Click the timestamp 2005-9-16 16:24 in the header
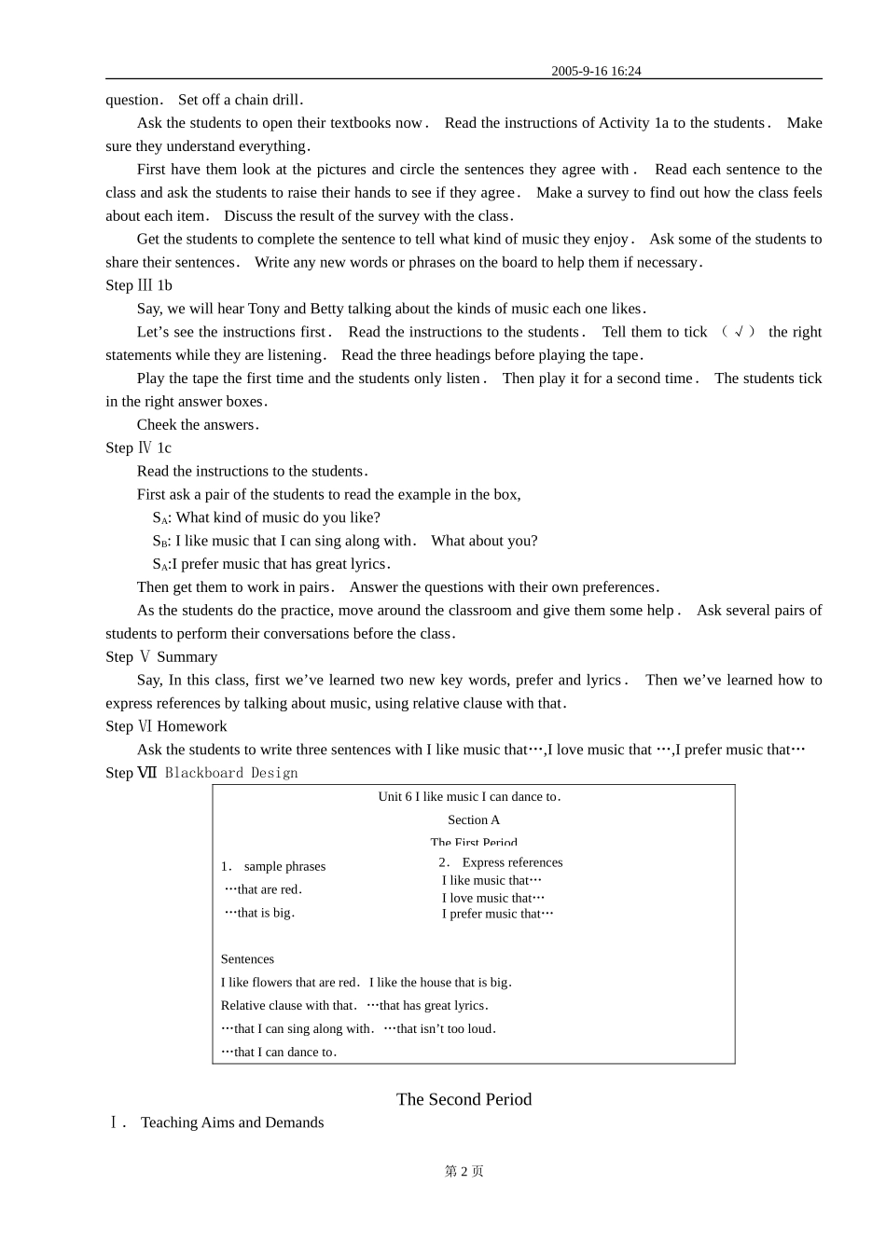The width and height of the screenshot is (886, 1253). pyautogui.click(x=596, y=71)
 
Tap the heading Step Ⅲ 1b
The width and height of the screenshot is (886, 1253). pyautogui.click(x=139, y=285)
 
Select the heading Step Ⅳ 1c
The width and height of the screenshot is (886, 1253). pyautogui.click(x=138, y=447)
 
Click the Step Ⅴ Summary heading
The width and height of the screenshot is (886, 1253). pyautogui.click(x=161, y=656)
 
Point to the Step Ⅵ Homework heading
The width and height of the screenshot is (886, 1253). pyautogui.click(x=166, y=726)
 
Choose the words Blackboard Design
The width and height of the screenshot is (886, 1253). pyautogui.click(x=231, y=773)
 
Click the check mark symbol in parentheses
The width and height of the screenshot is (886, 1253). pyautogui.click(x=739, y=332)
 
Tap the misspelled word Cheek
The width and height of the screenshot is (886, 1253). pyautogui.click(x=156, y=425)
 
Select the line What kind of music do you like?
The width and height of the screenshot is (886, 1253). pyautogui.click(x=277, y=517)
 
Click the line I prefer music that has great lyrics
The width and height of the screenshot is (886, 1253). pyautogui.click(x=280, y=564)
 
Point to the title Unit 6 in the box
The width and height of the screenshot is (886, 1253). pyautogui.click(x=469, y=797)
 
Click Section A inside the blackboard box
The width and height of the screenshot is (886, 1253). pyautogui.click(x=474, y=820)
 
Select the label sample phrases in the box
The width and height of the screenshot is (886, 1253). pyautogui.click(x=284, y=866)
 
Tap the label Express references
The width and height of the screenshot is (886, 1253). pyautogui.click(x=512, y=862)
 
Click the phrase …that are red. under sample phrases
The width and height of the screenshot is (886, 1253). pyautogui.click(x=263, y=889)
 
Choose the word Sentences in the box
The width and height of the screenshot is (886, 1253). pyautogui.click(x=247, y=959)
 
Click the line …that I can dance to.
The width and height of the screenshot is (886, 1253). pyautogui.click(x=279, y=1053)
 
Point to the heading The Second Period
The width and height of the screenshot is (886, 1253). pyautogui.click(x=464, y=1099)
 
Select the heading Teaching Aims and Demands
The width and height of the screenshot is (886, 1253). pyautogui.click(x=232, y=1122)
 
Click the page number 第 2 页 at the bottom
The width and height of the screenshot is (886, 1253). pyautogui.click(x=464, y=1172)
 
